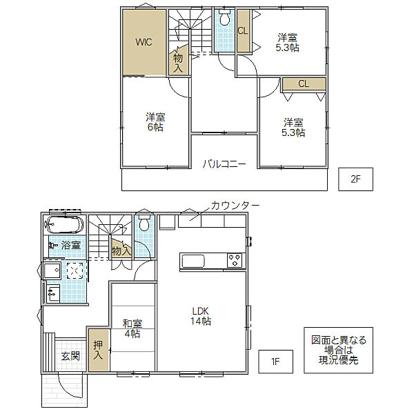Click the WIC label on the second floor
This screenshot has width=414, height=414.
pyautogui.click(x=144, y=42)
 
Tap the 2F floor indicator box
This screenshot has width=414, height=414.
pyautogui.click(x=355, y=179)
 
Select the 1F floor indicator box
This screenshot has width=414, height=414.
pyautogui.click(x=275, y=362)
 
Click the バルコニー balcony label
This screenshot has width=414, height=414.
pyautogui.click(x=224, y=164)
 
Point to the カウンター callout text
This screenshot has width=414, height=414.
pyautogui.click(x=235, y=206)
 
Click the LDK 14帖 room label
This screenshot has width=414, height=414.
pyautogui.click(x=201, y=316)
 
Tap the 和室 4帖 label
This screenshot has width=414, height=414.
pyautogui.click(x=132, y=328)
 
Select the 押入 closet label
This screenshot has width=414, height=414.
pyautogui.click(x=98, y=350)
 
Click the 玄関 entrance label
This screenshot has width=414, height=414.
pyautogui.click(x=70, y=357)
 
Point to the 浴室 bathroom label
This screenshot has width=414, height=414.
pyautogui.click(x=71, y=245)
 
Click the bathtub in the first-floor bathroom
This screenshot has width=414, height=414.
pyautogui.click(x=64, y=225)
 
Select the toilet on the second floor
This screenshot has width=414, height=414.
pyautogui.click(x=225, y=17)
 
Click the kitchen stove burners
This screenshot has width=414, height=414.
pyautogui.click(x=235, y=260)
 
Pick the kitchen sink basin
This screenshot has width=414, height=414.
pyautogui.click(x=193, y=261)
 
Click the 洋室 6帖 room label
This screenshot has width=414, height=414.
pyautogui.click(x=155, y=122)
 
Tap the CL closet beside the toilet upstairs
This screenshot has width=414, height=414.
pyautogui.click(x=243, y=30)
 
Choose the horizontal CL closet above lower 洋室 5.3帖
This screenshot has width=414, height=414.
pyautogui.click(x=304, y=84)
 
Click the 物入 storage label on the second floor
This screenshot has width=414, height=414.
pyautogui.click(x=178, y=63)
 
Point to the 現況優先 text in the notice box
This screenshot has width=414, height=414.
pyautogui.click(x=338, y=360)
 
